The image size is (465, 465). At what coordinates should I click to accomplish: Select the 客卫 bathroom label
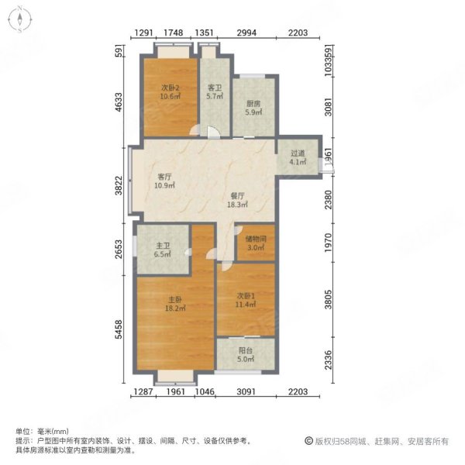[215, 88]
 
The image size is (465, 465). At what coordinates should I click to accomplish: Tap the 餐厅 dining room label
[237, 196]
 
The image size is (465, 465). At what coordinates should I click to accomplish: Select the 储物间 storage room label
[255, 239]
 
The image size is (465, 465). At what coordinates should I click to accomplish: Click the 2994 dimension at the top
[246, 33]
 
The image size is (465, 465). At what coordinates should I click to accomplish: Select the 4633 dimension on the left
[119, 103]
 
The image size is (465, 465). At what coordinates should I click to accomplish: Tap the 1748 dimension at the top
[174, 33]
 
